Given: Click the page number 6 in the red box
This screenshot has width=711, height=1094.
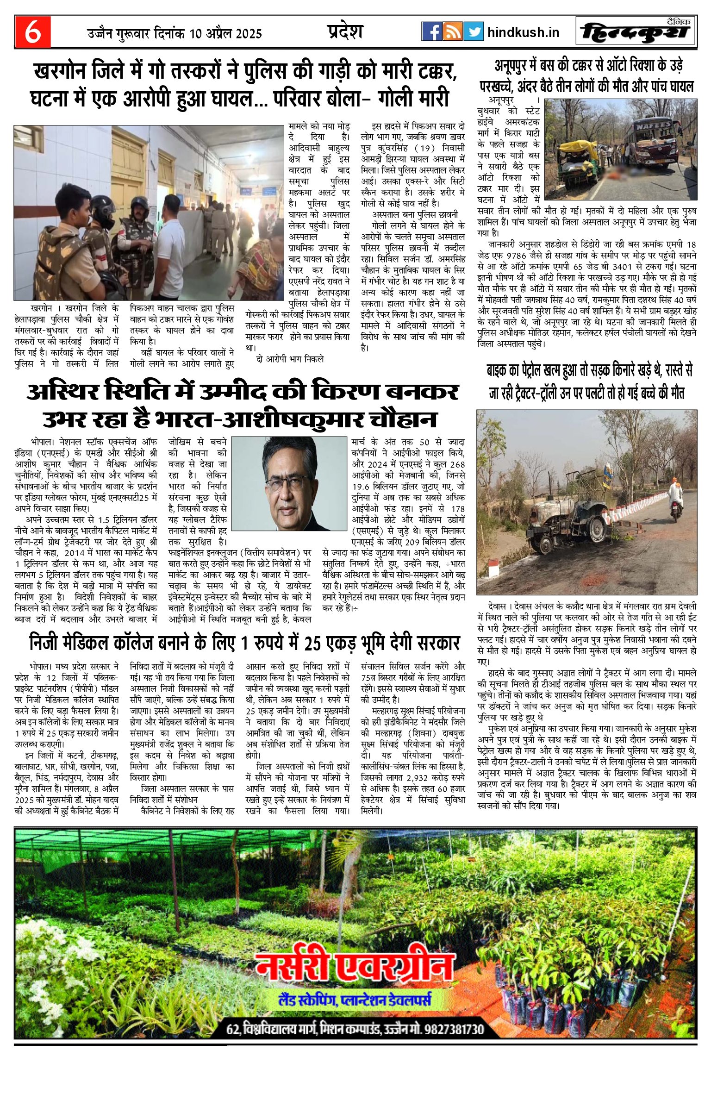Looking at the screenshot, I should coord(32,32).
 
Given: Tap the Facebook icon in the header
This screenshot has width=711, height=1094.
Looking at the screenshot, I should coord(431,31).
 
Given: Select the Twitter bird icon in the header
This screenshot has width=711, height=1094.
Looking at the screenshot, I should coord(473,31).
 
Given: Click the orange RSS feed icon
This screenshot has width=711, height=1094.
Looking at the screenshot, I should coord(452,31).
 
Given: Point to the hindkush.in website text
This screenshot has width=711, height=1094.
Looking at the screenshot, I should coord(523,32).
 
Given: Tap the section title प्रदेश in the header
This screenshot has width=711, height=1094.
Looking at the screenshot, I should coord(344,31).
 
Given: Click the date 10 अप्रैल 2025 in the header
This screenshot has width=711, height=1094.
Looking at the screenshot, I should coord(225,33).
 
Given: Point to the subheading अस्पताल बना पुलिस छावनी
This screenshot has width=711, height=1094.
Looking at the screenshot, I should coord(415,214).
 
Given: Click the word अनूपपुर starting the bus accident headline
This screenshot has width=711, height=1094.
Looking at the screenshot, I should coord(515,66).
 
